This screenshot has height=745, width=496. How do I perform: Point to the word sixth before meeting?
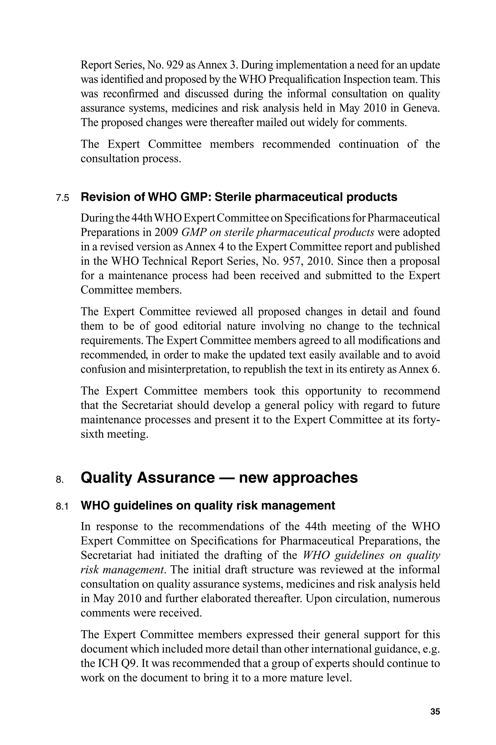click(x=92, y=434)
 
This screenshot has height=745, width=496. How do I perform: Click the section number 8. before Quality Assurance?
click(x=60, y=480)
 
